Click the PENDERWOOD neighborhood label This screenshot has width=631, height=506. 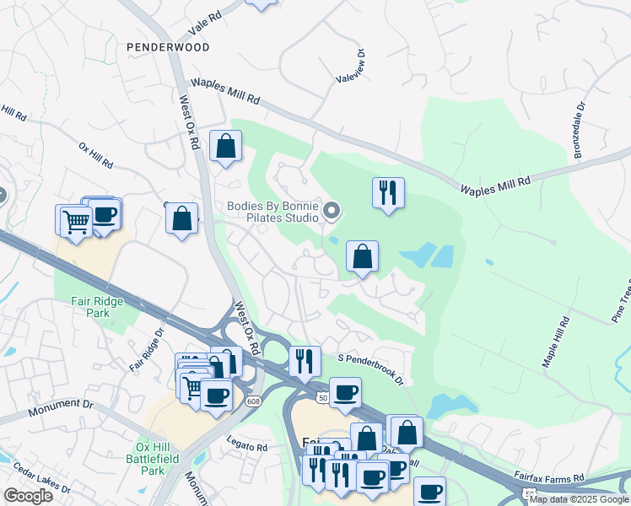tap(167, 48)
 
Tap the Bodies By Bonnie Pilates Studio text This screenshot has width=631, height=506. tap(273, 212)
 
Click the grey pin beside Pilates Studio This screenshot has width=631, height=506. tap(332, 211)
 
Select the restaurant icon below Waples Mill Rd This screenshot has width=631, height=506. tap(388, 192)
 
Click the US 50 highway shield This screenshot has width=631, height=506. tap(323, 397)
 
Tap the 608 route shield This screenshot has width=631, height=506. tap(255, 401)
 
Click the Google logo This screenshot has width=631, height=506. tap(28, 496)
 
